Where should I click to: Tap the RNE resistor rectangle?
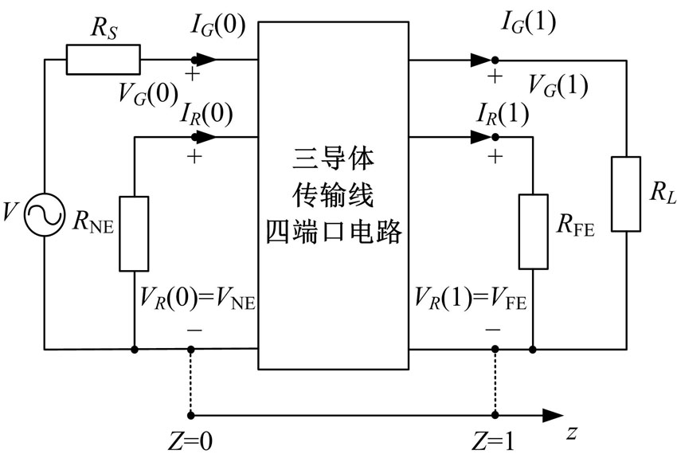[134, 233]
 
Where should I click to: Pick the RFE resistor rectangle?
[532, 230]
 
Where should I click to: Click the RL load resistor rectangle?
[626, 194]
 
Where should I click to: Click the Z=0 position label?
[191, 441]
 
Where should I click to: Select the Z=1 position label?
[494, 441]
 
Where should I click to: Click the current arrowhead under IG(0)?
[205, 60]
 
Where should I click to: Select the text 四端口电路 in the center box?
[334, 234]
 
